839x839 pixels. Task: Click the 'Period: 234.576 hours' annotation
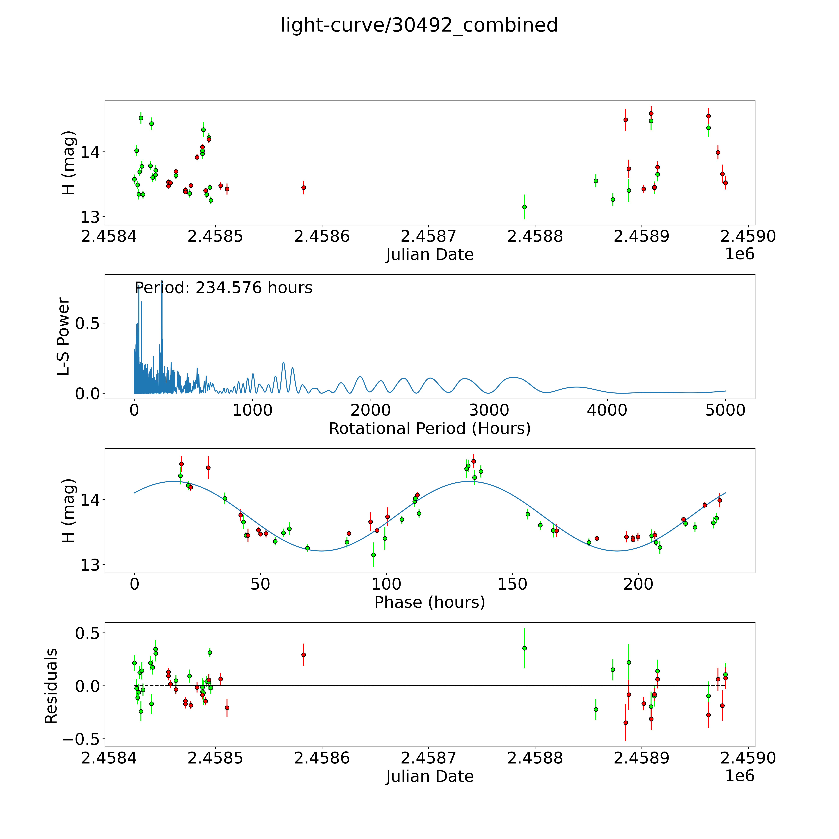pyautogui.click(x=223, y=288)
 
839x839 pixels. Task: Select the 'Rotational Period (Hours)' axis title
pyautogui.click(x=429, y=429)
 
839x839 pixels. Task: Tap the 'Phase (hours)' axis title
pyautogui.click(x=429, y=602)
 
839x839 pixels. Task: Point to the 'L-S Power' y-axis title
pyautogui.click(x=63, y=337)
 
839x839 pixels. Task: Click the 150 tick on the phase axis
pyautogui.click(x=512, y=584)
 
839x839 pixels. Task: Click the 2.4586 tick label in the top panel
pyautogui.click(x=322, y=236)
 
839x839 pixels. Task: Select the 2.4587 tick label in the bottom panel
pyautogui.click(x=428, y=758)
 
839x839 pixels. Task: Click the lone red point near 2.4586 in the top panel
pyautogui.click(x=304, y=188)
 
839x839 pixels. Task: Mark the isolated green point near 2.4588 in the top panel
pyautogui.click(x=525, y=207)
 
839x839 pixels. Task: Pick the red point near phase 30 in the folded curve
pyautogui.click(x=208, y=468)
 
